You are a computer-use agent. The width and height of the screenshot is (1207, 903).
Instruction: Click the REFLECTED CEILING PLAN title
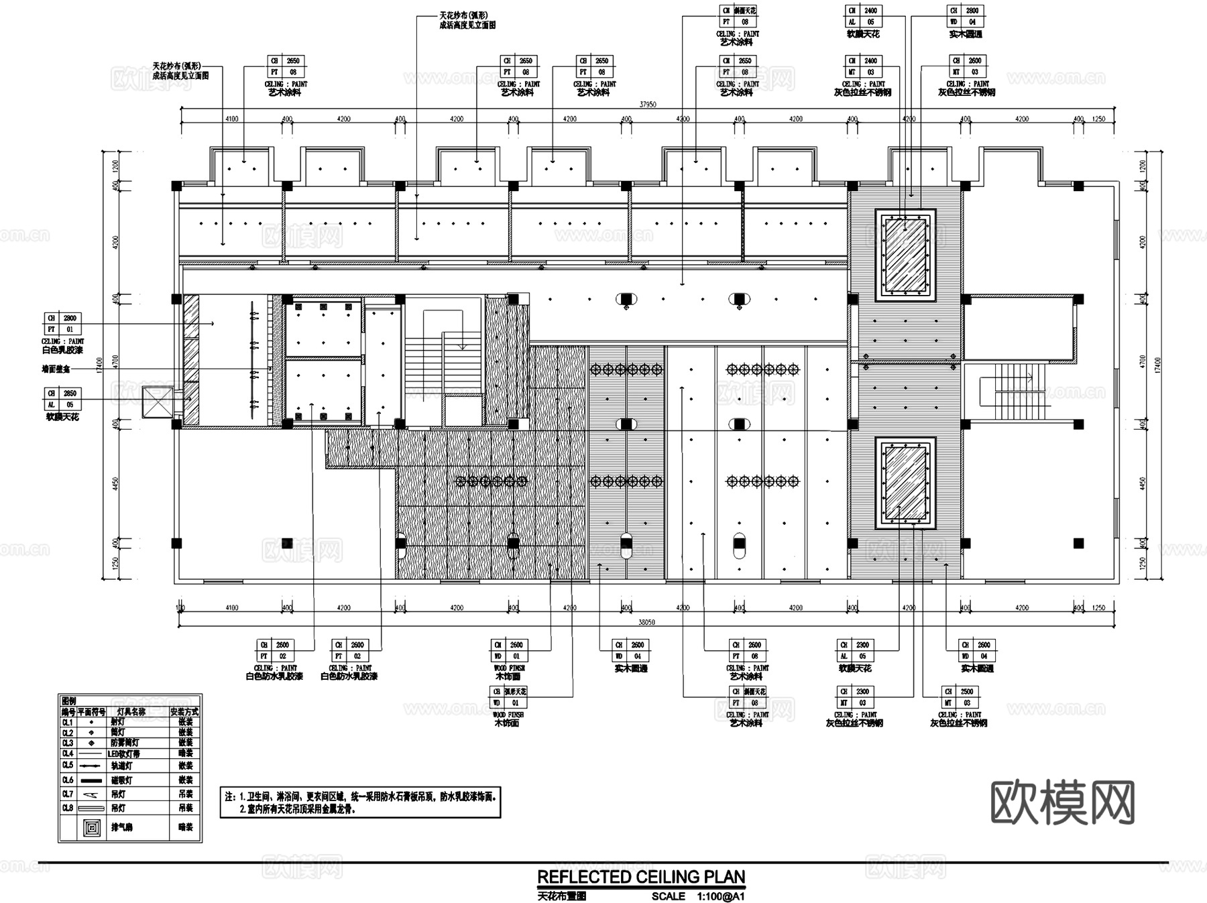click(640, 877)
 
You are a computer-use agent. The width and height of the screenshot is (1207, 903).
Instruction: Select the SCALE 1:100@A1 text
click(697, 896)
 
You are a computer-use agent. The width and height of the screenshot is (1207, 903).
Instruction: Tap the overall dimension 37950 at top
click(647, 105)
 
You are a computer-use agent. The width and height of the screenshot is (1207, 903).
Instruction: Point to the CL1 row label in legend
click(68, 723)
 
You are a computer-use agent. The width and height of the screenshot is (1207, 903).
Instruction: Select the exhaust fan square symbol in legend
click(91, 828)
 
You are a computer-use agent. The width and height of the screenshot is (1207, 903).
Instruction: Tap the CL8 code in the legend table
click(68, 808)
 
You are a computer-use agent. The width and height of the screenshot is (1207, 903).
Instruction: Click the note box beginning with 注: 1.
click(360, 802)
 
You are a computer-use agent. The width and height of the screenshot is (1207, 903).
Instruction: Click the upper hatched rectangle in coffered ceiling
click(905, 255)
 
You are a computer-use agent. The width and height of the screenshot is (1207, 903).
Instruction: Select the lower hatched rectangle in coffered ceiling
click(905, 482)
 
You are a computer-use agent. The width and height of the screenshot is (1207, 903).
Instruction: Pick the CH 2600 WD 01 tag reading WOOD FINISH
click(509, 650)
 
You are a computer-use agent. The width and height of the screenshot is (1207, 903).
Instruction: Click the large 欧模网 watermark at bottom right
click(1062, 802)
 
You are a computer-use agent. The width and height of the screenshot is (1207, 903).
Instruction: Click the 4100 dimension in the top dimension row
click(232, 119)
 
